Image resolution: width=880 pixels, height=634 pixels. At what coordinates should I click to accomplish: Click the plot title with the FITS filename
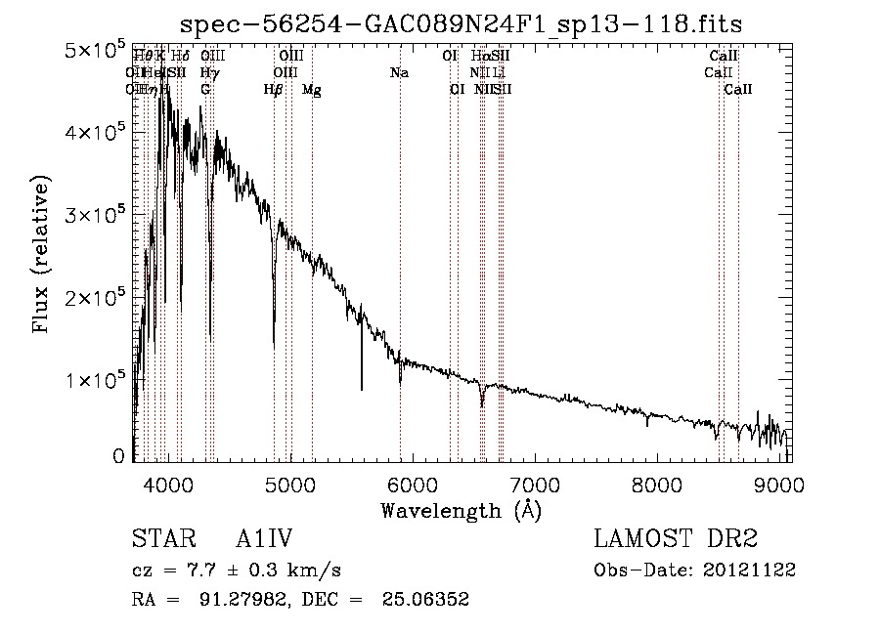click(x=468, y=23)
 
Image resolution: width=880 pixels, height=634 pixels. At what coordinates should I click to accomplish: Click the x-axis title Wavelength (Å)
click(x=461, y=510)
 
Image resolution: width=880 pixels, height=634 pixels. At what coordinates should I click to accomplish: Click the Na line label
click(x=399, y=73)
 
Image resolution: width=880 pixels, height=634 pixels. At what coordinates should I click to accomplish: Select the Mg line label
click(x=312, y=90)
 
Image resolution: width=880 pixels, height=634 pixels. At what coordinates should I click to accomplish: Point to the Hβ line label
click(x=274, y=90)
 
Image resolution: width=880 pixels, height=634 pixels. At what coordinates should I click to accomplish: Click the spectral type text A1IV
click(x=264, y=539)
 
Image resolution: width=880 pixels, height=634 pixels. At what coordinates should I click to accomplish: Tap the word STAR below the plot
click(x=157, y=539)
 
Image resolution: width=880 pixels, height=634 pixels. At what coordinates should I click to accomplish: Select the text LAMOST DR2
click(x=676, y=539)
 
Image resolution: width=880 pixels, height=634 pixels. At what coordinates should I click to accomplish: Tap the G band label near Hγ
click(x=205, y=90)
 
